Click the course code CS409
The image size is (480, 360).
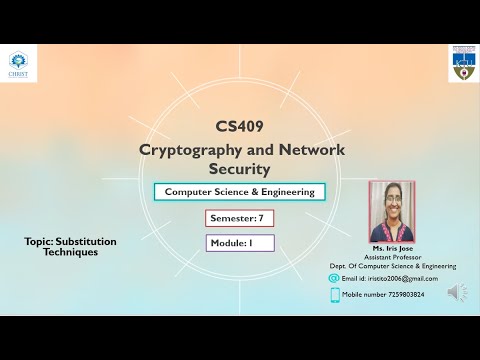click(240, 127)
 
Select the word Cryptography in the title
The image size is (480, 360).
click(187, 149)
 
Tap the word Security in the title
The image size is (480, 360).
click(240, 169)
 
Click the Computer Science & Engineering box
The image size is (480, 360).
click(239, 192)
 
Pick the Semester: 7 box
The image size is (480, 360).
click(239, 218)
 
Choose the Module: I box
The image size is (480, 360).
click(239, 243)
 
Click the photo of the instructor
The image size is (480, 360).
click(392, 212)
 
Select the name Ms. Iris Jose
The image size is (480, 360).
click(392, 248)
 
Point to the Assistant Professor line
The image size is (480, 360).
click(392, 257)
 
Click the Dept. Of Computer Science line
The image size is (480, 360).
click(392, 267)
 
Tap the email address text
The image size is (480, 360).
click(396, 279)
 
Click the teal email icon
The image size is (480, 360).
click(335, 278)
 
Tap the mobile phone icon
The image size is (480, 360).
click(335, 294)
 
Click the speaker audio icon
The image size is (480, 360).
click(457, 292)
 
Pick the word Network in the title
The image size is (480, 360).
click(306, 149)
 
